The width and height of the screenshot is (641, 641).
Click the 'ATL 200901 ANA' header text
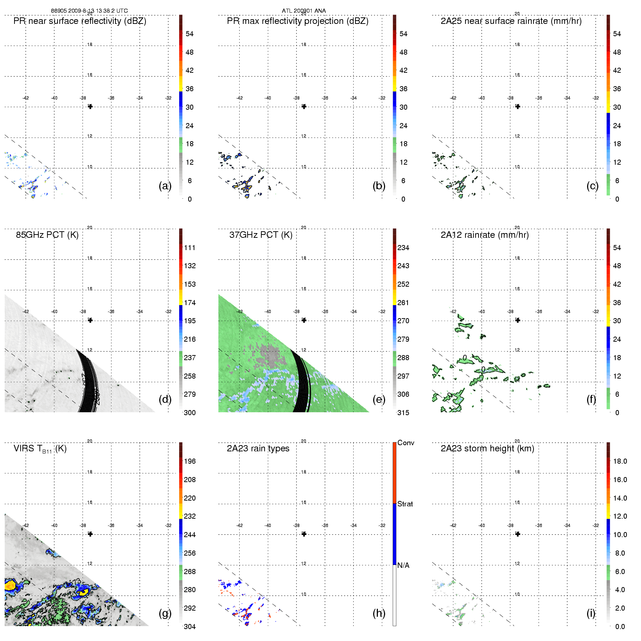(304, 11)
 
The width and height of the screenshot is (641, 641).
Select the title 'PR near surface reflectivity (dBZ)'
(80, 21)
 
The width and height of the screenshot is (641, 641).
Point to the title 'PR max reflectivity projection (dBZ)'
(298, 21)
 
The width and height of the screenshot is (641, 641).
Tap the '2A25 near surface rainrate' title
(511, 21)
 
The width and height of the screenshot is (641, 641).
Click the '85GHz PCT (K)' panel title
(47, 235)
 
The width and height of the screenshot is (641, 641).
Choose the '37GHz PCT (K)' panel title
(261, 235)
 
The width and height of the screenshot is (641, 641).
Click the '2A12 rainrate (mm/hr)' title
(484, 235)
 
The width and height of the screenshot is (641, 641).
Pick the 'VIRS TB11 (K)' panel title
(40, 449)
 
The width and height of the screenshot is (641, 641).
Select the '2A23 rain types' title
(258, 449)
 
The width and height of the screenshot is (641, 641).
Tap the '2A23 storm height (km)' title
(487, 449)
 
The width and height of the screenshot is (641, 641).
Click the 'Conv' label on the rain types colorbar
(405, 443)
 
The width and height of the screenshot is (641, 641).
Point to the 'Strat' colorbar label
(405, 504)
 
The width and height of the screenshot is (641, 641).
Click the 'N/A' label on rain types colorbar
(403, 565)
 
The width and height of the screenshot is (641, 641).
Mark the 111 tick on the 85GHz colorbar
(190, 248)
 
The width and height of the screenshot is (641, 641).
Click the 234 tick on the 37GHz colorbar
(403, 248)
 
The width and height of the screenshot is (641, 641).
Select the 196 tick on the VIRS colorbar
(190, 461)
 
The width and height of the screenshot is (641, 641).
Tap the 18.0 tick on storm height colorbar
(620, 461)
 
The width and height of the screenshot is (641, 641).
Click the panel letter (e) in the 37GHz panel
(379, 399)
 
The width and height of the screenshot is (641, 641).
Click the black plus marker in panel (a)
(90, 106)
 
